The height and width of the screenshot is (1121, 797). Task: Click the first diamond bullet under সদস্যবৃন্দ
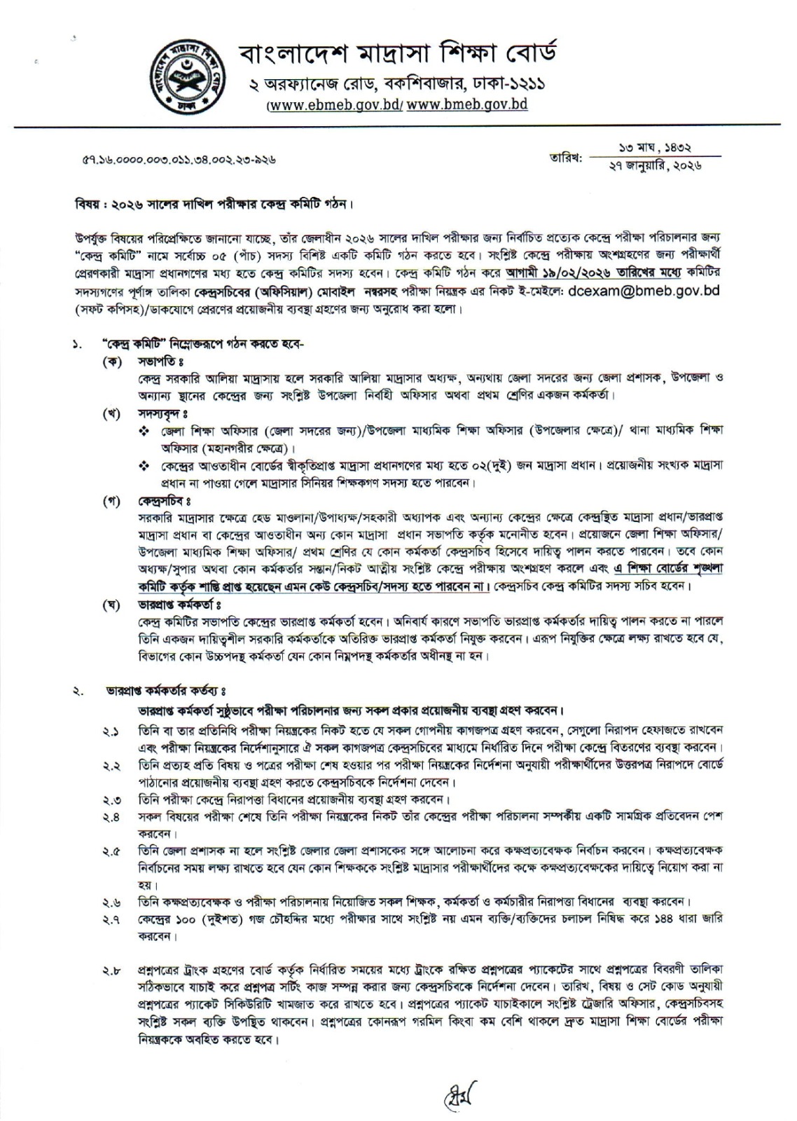[x=144, y=430]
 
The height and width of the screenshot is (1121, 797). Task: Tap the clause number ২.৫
[x=111, y=851]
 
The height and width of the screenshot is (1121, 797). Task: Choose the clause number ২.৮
[x=111, y=971]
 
